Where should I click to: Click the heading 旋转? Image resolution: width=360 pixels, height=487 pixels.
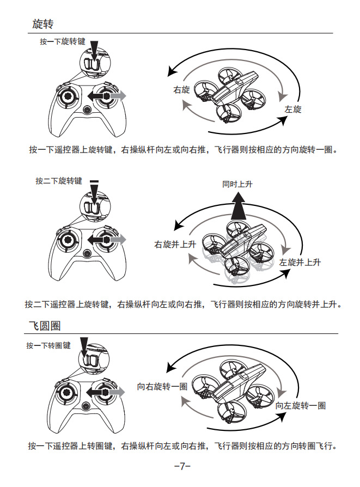pos(42,24)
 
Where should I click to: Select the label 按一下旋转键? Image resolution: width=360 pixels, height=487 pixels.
pos(63,41)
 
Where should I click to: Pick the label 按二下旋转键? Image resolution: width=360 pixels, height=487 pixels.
pos(59,181)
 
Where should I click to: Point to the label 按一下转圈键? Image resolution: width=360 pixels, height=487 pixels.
pos(48,345)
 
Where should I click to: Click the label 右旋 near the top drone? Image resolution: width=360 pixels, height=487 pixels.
pos(181,90)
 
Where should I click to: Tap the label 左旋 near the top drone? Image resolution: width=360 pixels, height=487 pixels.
pos(292,109)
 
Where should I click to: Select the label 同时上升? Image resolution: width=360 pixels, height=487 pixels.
pos(237,184)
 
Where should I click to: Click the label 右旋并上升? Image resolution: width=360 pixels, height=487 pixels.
pos(175,245)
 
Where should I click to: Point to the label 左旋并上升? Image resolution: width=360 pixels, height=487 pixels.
pos(300,262)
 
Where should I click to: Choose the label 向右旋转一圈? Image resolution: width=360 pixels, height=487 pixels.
pos(162,387)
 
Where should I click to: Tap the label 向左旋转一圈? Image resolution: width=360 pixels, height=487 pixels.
pos(301,405)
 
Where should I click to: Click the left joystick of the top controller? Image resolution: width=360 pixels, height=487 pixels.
pos(68,97)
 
